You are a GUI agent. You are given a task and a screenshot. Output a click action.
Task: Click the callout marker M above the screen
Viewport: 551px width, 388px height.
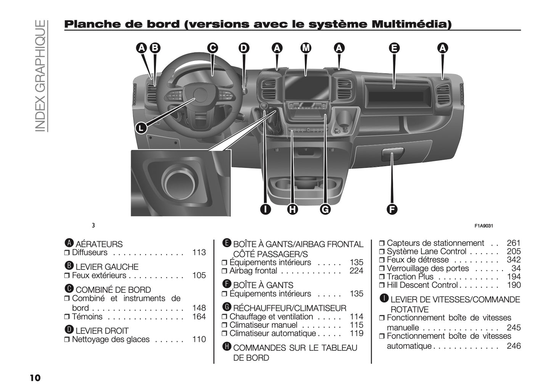(306, 48)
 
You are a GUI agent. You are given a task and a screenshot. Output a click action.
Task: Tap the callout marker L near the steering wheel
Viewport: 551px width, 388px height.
(141, 128)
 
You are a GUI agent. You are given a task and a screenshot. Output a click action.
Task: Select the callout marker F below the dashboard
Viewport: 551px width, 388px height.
(392, 209)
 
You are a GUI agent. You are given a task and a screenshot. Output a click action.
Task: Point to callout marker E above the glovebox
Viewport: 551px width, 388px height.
(394, 48)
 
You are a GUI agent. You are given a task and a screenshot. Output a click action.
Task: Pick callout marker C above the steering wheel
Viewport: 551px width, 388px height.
(212, 48)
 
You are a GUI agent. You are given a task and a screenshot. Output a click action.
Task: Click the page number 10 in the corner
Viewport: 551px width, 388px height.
(35, 378)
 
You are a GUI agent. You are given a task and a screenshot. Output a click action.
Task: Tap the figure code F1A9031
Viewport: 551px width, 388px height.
(484, 226)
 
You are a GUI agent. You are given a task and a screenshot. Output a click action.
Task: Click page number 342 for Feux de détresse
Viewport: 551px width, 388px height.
(513, 260)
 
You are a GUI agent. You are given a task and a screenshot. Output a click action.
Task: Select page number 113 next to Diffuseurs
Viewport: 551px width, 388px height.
(199, 252)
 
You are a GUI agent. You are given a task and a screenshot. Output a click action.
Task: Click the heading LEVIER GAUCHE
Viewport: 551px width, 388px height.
(107, 267)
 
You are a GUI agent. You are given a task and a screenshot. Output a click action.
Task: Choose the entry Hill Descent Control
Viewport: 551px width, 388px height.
(422, 285)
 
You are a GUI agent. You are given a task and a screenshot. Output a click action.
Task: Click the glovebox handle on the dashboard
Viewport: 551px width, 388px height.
(392, 156)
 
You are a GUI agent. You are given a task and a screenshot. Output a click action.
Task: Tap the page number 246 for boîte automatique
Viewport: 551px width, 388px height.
(513, 346)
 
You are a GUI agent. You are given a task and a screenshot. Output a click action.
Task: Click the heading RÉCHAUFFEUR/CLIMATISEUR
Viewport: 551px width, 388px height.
(289, 308)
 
